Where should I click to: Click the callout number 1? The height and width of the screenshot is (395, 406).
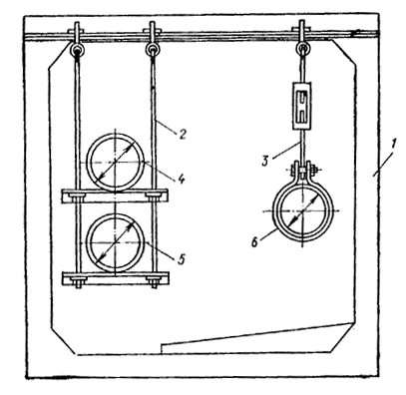point(393,145)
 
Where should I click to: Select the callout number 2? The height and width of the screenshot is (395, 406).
point(182,135)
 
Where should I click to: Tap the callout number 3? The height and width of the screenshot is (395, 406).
point(265,161)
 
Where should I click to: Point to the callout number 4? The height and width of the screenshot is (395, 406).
point(181,179)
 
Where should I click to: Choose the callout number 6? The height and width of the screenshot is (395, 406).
point(254,242)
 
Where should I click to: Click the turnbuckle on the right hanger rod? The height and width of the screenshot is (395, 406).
point(302,106)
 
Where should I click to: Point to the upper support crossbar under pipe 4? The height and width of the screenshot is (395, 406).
point(114,197)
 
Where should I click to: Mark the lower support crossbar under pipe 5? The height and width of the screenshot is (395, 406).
point(116,278)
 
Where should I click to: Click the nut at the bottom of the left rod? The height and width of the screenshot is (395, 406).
point(79,285)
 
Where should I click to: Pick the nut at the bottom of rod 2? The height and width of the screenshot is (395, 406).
point(154,285)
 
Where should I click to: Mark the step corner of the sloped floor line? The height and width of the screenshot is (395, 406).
point(162,344)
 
